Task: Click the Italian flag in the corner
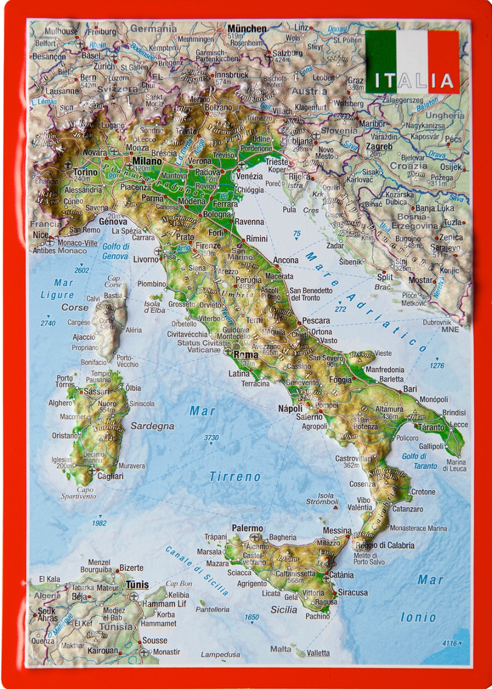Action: [412, 61]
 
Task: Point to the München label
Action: [247, 29]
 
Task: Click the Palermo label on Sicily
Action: [247, 528]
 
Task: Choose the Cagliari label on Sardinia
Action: [110, 476]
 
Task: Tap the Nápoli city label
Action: [290, 409]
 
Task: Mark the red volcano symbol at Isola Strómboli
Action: [336, 507]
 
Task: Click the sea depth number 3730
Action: [211, 438]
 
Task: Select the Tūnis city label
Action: [137, 585]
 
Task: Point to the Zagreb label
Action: [379, 146]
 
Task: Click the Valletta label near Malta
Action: [318, 653]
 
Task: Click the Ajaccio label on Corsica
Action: [84, 337]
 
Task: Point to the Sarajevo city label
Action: [445, 247]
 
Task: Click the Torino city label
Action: [85, 172]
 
